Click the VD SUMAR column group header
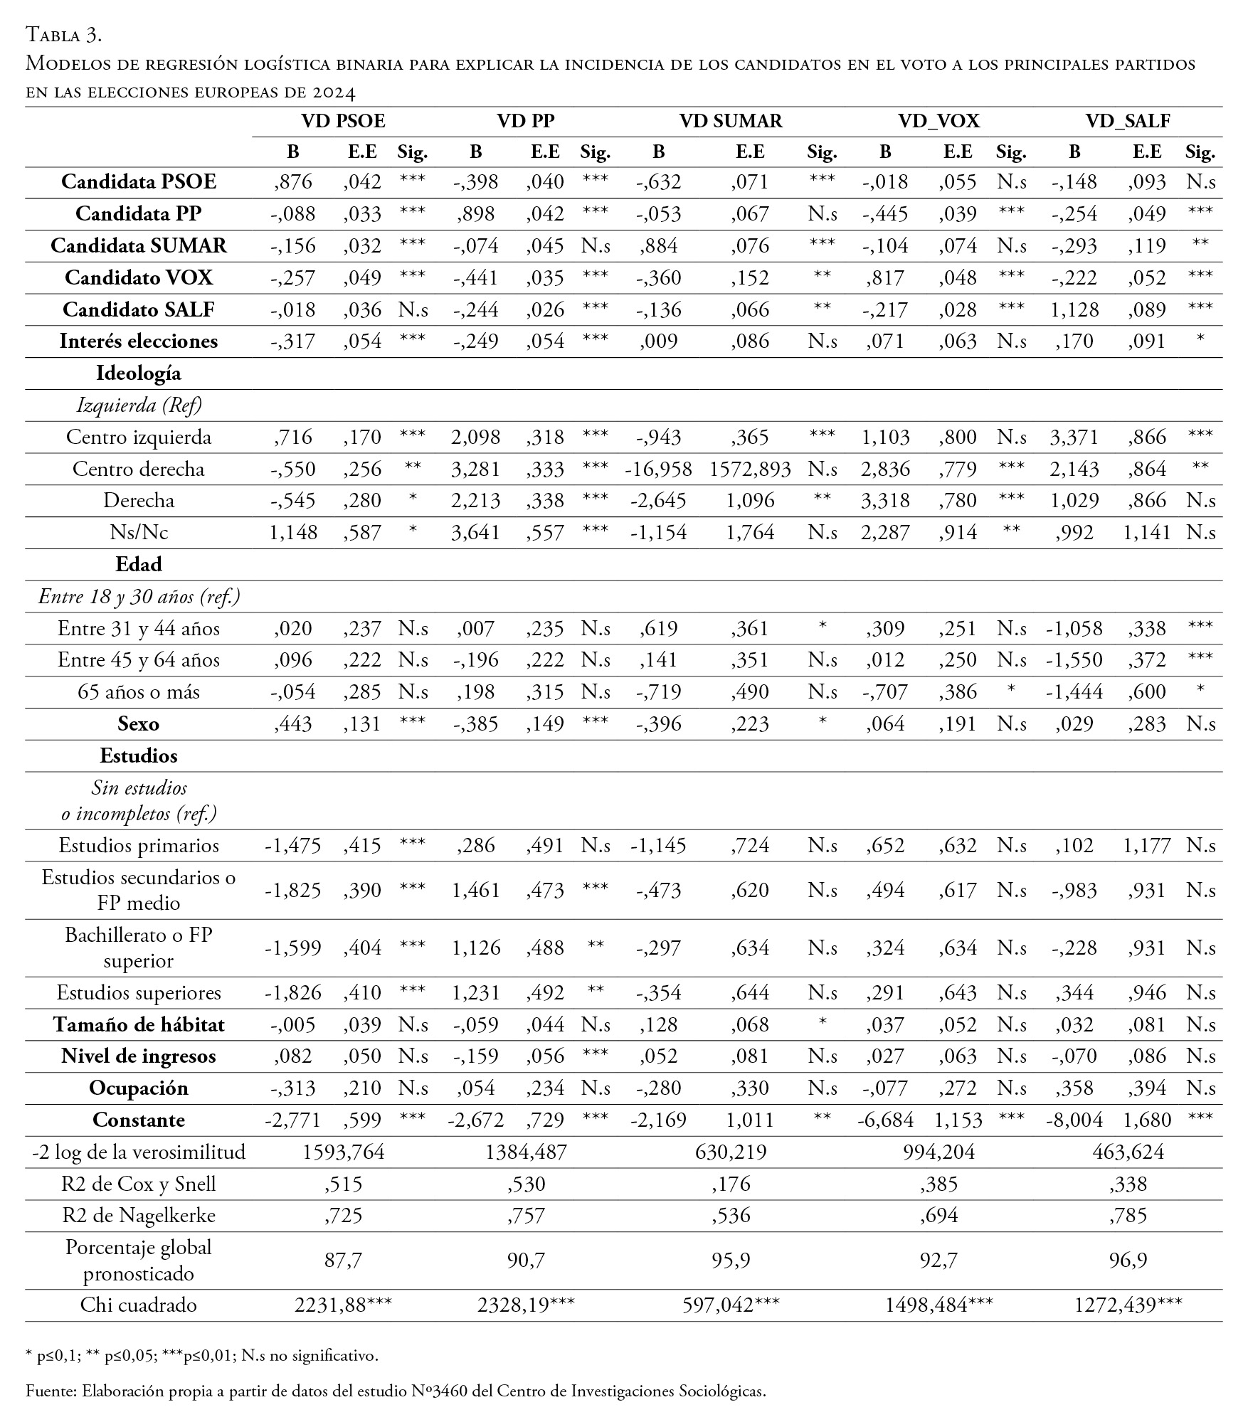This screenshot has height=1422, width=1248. click(731, 122)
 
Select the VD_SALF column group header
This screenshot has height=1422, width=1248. click(1128, 122)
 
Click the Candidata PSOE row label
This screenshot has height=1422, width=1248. click(139, 182)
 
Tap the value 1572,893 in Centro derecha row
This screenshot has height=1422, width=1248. click(750, 469)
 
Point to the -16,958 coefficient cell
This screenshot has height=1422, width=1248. click(658, 469)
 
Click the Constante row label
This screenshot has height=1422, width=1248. click(139, 1120)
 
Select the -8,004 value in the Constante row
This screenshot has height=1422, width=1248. click(1074, 1120)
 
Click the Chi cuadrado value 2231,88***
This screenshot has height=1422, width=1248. click(344, 1305)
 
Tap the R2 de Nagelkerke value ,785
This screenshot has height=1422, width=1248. click(1128, 1216)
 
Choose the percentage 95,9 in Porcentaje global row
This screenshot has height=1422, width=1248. click(731, 1261)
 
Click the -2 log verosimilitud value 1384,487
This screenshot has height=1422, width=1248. click(527, 1152)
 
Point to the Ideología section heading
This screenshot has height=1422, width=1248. click(139, 373)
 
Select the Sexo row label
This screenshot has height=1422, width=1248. click(139, 724)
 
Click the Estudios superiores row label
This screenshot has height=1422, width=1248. click(139, 993)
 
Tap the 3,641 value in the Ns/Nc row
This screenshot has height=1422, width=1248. click(476, 533)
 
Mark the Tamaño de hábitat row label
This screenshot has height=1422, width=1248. click(139, 1025)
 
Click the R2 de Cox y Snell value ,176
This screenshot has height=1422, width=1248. click(731, 1184)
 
